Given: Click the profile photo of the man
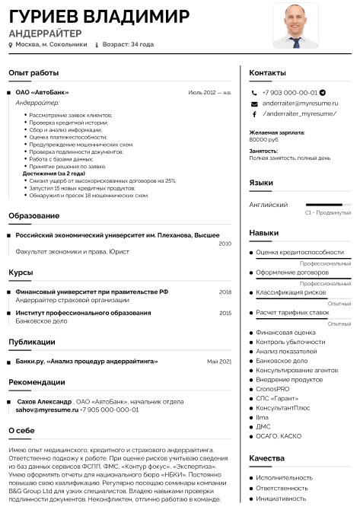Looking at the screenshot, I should [296, 25].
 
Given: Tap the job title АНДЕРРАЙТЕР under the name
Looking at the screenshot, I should [45, 33].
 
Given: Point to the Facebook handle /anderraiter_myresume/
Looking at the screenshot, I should [299, 113].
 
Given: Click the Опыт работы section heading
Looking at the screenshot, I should [33, 72].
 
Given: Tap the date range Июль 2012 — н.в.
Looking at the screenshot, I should [209, 92].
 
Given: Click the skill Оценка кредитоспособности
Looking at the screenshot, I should [299, 252].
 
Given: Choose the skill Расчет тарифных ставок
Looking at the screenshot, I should [292, 312].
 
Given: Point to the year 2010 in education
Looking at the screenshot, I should [225, 244].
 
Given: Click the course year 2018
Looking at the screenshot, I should [225, 292].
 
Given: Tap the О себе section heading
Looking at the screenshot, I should [21, 430].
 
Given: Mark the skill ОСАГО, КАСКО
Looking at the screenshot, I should [279, 436].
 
